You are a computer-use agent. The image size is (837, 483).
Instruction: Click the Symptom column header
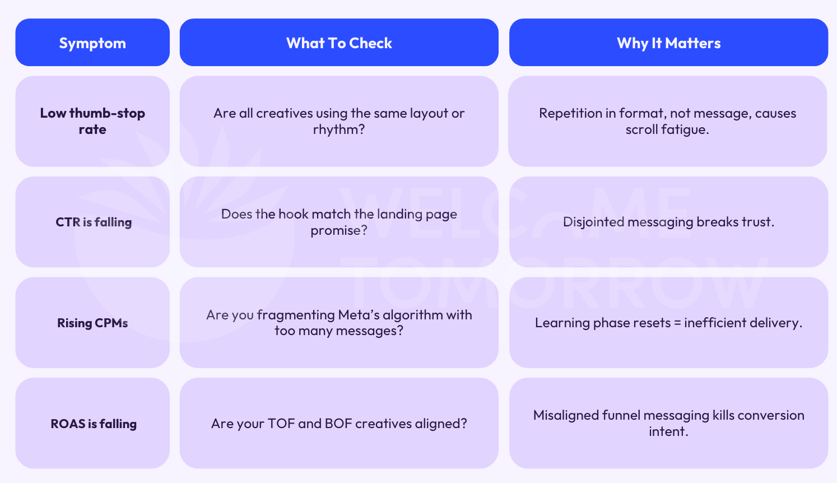pos(92,43)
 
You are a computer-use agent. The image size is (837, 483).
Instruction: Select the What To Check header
pos(339,43)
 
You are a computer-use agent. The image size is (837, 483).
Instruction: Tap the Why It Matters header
pos(668,43)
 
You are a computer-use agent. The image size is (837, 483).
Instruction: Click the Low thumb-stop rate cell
pos(92,121)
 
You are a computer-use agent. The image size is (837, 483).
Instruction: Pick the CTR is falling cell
pos(93,222)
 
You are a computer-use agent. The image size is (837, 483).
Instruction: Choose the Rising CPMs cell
pos(92,323)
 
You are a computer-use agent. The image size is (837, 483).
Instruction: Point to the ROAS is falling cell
pos(93,424)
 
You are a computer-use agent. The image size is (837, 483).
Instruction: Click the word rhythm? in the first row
pos(339,129)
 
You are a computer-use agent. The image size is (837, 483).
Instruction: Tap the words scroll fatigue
pos(667,129)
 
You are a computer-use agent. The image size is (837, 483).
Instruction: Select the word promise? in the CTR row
pos(339,230)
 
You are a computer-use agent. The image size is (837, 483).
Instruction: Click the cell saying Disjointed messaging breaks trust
pos(668,222)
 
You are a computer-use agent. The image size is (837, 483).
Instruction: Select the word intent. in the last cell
pos(668,431)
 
